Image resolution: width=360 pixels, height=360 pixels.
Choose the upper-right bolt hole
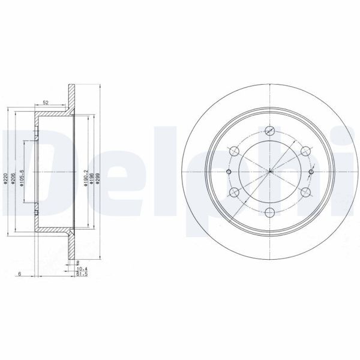click(305, 151)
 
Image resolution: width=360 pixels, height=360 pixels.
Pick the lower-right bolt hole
click(305, 191)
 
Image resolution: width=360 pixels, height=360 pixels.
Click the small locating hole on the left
click(229, 172)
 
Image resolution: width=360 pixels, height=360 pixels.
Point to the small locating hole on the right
click(310, 172)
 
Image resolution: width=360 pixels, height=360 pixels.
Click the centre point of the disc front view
click(270, 172)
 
